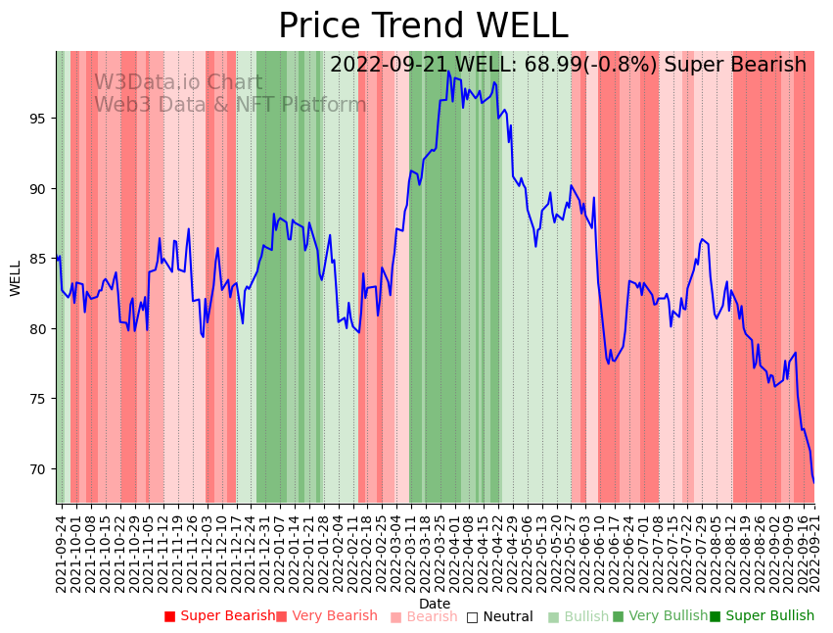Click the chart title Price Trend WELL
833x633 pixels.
click(423, 26)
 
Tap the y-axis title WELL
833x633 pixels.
click(16, 277)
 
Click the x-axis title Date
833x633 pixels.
click(435, 604)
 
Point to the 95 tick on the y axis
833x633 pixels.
click(39, 119)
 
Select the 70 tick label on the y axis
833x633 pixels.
click(39, 469)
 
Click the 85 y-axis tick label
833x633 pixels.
click(39, 259)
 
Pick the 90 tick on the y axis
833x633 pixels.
click(39, 188)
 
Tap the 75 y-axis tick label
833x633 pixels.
click(39, 399)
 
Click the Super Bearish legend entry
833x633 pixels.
click(220, 616)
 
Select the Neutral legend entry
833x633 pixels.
click(500, 616)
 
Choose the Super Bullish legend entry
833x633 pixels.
click(763, 616)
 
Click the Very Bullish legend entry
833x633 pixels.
click(661, 616)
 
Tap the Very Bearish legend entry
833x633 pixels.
click(327, 616)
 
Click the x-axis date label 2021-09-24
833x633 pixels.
click(61, 554)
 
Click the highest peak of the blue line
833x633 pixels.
click(448, 72)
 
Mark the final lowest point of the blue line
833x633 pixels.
click(813, 482)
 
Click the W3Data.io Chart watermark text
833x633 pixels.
click(178, 83)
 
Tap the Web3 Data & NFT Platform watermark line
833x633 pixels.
click(230, 105)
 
